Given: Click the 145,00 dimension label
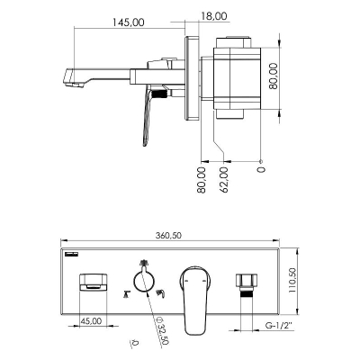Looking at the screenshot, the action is tap(129, 22).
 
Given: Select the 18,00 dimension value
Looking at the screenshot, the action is tap(213, 16).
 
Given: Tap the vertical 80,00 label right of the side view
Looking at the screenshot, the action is tap(273, 76).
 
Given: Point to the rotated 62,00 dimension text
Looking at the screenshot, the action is tap(223, 180).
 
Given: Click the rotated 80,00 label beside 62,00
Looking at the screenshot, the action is tap(202, 180).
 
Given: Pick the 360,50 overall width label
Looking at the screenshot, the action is tap(168, 236).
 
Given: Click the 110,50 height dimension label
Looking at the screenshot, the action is tap(292, 281).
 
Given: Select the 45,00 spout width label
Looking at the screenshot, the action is tap(91, 320).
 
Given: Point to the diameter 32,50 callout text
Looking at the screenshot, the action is tap(162, 330).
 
